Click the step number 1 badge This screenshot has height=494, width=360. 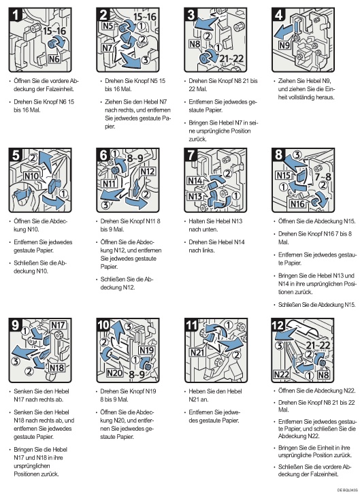pyautogui.click(x=15, y=15)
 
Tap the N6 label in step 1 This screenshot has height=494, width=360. pyautogui.click(x=54, y=59)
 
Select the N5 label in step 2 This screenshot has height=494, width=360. pyautogui.click(x=108, y=26)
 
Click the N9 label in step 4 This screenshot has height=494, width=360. pyautogui.click(x=284, y=46)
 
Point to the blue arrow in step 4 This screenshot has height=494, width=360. pyautogui.click(x=283, y=31)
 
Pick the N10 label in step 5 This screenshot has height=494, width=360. pyautogui.click(x=31, y=176)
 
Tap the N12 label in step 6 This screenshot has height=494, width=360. pyautogui.click(x=148, y=171)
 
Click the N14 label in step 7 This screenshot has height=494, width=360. pyautogui.click(x=195, y=180)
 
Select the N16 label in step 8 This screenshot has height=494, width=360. pyautogui.click(x=297, y=204)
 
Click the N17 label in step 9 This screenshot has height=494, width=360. pyautogui.click(x=58, y=325)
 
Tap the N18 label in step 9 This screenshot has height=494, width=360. pyautogui.click(x=56, y=367)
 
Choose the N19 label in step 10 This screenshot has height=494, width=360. pyautogui.click(x=146, y=350)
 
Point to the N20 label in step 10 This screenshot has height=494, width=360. pyautogui.click(x=114, y=373)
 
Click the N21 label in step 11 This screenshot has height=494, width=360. pyautogui.click(x=197, y=352)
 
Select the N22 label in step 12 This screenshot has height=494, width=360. pyautogui.click(x=281, y=374)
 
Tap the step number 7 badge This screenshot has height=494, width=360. pyautogui.click(x=191, y=155)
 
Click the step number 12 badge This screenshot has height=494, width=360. pyautogui.click(x=278, y=325)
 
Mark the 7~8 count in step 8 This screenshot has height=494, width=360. pyautogui.click(x=323, y=176)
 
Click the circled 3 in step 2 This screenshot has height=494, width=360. pyautogui.click(x=145, y=60)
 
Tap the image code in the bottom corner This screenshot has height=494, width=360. pyautogui.click(x=347, y=490)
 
